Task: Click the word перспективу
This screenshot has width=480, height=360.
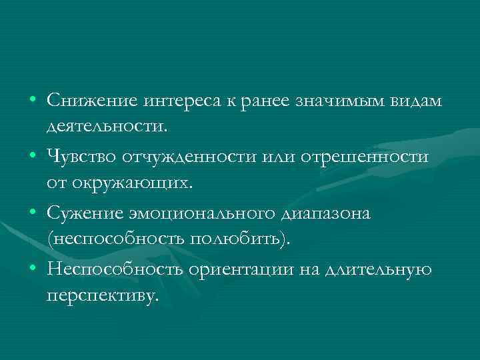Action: (x=104, y=295)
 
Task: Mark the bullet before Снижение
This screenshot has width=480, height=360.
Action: (x=32, y=100)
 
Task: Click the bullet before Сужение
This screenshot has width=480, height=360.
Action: (x=32, y=213)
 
